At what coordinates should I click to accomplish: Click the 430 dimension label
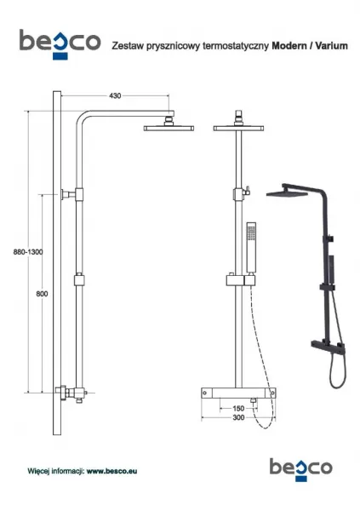click(x=115, y=95)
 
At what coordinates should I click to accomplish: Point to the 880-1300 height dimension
click(x=28, y=252)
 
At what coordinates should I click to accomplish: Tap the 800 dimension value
click(x=42, y=294)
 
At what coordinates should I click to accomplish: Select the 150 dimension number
click(x=238, y=408)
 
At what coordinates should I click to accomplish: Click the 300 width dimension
click(x=238, y=417)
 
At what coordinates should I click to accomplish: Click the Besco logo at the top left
click(x=60, y=44)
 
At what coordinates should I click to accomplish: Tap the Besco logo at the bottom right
click(x=300, y=469)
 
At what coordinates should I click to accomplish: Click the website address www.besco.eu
click(x=111, y=471)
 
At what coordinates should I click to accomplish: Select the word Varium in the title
click(x=331, y=46)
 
